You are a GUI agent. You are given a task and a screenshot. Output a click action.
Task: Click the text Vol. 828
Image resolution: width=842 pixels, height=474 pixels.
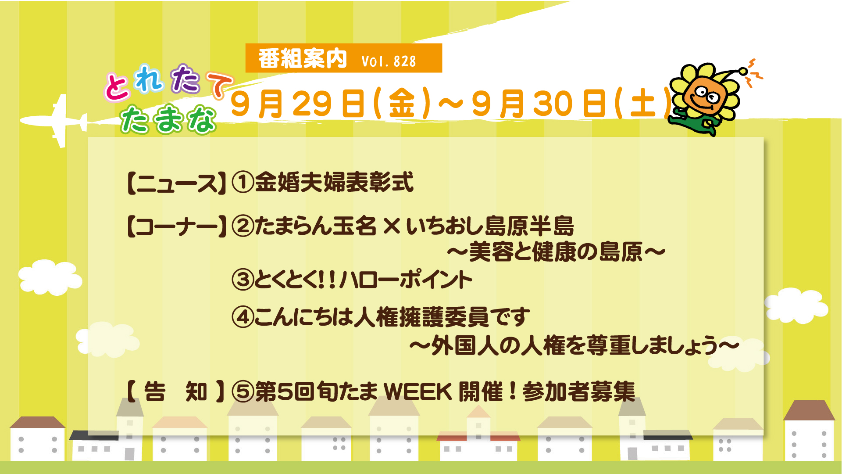tap(389, 61)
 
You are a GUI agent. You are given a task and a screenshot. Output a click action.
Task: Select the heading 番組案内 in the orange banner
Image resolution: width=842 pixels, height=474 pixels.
tap(303, 58)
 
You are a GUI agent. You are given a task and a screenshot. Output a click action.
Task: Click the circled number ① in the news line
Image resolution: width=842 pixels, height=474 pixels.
tap(243, 182)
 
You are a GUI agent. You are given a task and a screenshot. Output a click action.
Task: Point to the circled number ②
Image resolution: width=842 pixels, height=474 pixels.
tap(243, 226)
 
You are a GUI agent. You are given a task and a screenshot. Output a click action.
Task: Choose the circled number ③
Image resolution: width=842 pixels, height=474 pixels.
tap(243, 280)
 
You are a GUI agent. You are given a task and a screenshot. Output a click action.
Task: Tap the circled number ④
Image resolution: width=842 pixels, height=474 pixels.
tap(243, 317)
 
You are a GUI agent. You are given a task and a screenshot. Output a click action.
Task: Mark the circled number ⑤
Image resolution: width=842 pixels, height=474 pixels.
tap(243, 391)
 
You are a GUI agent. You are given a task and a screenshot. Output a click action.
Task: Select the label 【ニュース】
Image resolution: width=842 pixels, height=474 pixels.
tap(177, 183)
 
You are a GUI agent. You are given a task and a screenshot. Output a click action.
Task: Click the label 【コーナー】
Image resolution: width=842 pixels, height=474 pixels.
tap(177, 227)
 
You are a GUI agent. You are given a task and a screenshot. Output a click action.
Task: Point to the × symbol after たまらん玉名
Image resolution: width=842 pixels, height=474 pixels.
tap(392, 226)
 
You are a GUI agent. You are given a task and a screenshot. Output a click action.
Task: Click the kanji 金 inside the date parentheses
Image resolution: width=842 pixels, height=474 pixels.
tap(402, 104)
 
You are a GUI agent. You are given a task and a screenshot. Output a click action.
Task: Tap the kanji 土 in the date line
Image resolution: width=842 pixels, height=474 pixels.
tap(643, 104)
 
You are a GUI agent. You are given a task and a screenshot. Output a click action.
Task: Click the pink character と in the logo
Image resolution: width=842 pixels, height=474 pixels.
tap(117, 86)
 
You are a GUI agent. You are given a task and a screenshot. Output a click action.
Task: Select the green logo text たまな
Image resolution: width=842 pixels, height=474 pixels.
tap(169, 119)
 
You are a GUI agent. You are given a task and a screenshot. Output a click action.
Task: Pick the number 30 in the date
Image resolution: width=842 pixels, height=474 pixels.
tap(553, 104)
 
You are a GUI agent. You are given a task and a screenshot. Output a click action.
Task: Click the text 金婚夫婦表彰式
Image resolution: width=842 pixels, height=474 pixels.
tap(334, 182)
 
